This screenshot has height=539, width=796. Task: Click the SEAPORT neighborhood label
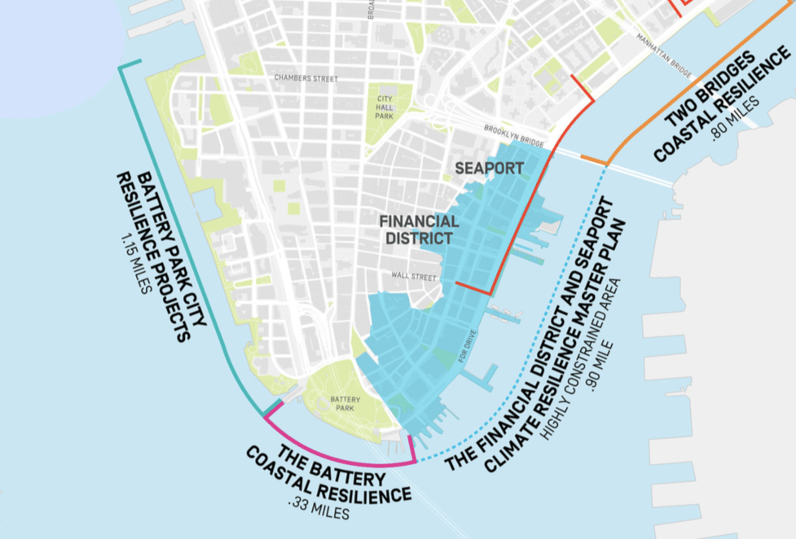click(489, 168)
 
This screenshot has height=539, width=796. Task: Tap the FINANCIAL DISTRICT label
click(420, 230)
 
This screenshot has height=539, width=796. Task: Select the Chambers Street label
click(306, 79)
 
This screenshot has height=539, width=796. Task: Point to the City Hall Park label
click(385, 107)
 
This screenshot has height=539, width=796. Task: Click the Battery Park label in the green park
click(345, 404)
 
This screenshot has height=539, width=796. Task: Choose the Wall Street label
click(414, 276)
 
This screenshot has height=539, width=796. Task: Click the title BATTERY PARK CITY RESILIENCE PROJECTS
click(163, 252)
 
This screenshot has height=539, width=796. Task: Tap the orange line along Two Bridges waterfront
click(693, 90)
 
